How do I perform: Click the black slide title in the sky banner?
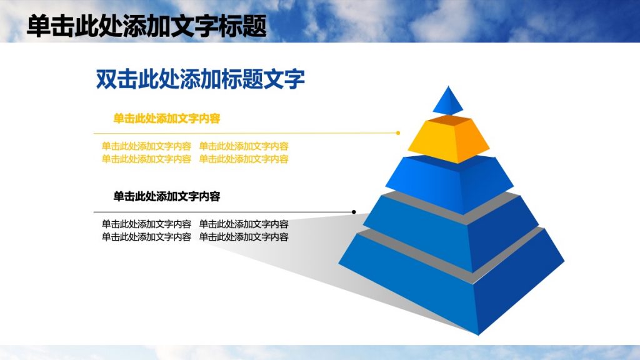147,26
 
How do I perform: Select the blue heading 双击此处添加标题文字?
200,79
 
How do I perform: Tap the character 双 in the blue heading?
106,79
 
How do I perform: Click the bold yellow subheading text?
166,118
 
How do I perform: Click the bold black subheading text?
166,196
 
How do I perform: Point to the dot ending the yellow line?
398,132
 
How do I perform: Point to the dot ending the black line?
354,212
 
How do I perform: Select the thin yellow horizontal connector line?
244,133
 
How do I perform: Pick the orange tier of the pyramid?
447,139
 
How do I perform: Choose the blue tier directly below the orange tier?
447,182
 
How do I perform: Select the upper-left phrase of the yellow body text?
146,146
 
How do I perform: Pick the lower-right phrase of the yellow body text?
244,159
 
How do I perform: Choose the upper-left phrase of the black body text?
146,224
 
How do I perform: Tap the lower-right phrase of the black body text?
244,237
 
